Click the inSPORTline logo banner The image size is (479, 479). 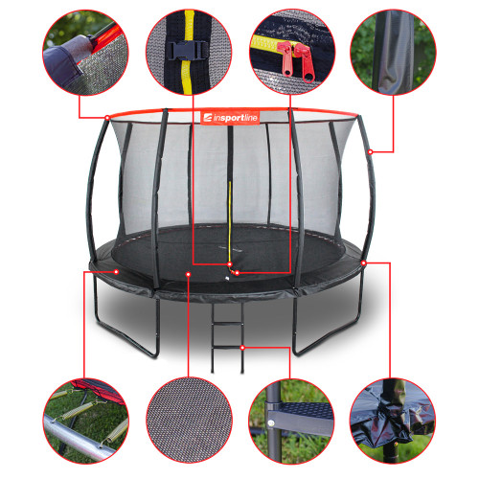(230, 118)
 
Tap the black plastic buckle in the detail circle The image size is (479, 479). (188, 51)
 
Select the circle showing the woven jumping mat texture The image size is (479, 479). (189, 421)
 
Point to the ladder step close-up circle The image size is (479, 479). (291, 422)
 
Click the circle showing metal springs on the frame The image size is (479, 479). (86, 421)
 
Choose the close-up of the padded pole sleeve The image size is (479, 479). (393, 53)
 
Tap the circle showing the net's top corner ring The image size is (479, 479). (85, 53)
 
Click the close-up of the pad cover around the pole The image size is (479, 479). (393, 422)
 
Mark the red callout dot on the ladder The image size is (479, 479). (242, 347)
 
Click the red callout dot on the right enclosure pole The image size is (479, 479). (370, 152)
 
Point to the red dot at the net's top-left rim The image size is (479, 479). (107, 118)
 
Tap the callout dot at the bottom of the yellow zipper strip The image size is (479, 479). (230, 264)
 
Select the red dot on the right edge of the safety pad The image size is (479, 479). (364, 262)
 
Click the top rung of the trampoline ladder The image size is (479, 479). (228, 324)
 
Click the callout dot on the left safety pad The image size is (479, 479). (116, 272)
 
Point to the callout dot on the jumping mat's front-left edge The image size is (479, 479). (189, 274)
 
